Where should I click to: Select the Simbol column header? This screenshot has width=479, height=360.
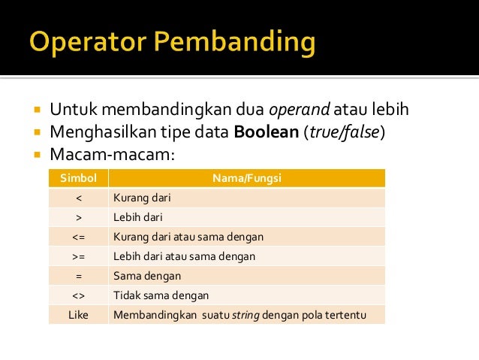point(78,179)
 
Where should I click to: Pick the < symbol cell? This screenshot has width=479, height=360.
point(78,198)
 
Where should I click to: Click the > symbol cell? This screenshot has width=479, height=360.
point(78,218)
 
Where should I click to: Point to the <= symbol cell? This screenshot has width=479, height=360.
point(78,237)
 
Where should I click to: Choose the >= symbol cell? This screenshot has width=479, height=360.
point(78,256)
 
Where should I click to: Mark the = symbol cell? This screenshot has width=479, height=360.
point(78,276)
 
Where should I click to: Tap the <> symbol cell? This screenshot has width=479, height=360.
point(78,295)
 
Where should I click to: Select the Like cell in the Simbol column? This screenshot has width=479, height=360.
point(78,315)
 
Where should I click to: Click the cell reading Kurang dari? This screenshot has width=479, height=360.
point(140,198)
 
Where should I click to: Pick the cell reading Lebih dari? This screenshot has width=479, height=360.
point(137,218)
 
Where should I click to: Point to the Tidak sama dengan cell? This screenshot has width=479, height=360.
point(161,295)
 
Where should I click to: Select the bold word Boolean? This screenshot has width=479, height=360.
point(267,133)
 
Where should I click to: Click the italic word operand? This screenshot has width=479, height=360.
point(299,110)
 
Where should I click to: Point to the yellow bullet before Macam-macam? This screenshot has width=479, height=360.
point(37,156)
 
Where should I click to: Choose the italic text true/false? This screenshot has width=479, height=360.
point(348,133)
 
